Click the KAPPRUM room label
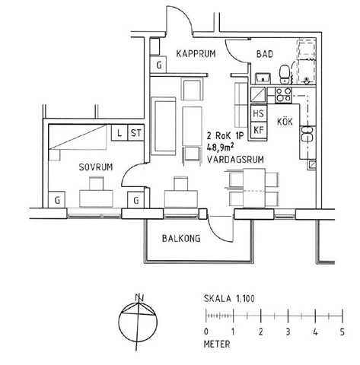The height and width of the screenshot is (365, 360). coord(197,54)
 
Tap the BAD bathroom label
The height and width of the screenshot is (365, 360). coord(265,54)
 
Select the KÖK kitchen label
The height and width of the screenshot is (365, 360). coord(284,122)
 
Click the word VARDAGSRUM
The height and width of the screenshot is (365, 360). coord(236,160)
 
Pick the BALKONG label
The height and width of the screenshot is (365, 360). coord(181,238)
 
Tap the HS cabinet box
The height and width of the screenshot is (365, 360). coord(259,115)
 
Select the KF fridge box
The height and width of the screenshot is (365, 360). coord(259,131)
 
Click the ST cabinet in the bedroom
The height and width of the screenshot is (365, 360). coord(137,133)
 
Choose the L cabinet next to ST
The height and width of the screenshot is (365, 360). coord(120,133)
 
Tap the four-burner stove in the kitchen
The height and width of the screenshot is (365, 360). coord(283,96)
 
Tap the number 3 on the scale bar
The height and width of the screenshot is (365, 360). coord(288,332)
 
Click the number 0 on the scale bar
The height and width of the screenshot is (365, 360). coord(206,332)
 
